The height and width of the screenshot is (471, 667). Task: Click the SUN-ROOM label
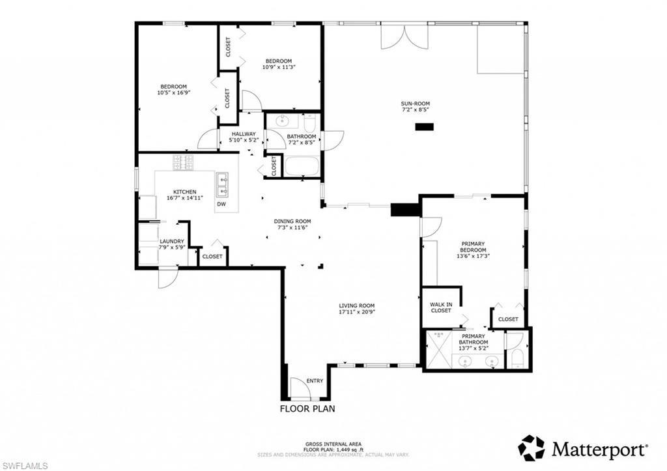(x=415, y=104)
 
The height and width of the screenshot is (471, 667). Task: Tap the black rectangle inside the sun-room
(x=425, y=127)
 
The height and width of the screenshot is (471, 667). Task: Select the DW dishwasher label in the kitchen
(x=221, y=205)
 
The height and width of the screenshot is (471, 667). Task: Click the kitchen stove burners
(x=184, y=162)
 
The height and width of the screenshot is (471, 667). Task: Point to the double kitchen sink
(x=223, y=184)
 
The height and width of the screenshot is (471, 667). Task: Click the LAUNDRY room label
(x=172, y=242)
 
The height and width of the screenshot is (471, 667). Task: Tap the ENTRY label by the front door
(x=315, y=380)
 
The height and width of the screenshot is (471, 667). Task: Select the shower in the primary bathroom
(x=437, y=350)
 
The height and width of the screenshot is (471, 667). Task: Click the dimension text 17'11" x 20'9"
(x=356, y=311)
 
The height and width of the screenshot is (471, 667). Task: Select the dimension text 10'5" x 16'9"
(x=174, y=93)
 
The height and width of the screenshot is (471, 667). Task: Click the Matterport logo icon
(x=531, y=448)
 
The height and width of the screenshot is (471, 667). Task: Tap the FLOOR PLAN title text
(x=307, y=409)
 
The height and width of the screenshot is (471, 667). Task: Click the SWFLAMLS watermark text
(x=24, y=465)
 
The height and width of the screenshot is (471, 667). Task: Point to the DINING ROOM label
(x=292, y=221)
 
